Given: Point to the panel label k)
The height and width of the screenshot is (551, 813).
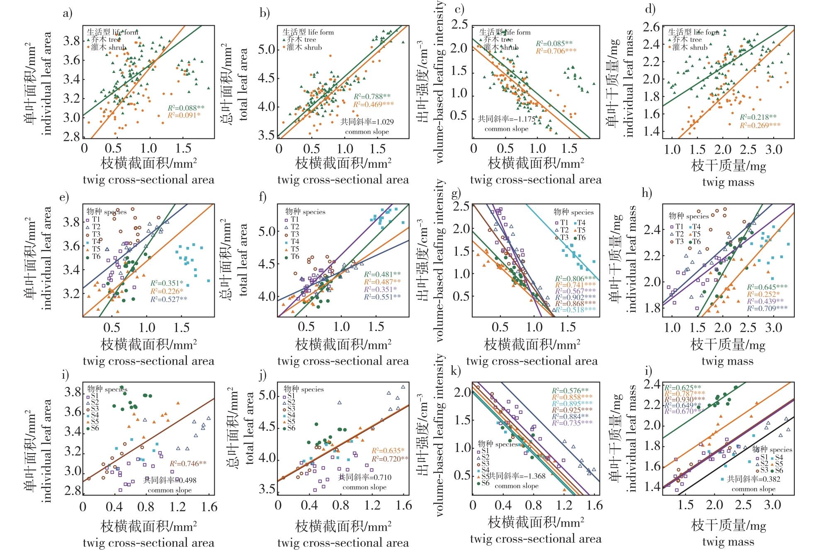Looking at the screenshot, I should (456, 372).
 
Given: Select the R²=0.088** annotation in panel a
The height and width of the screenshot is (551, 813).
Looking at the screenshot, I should (186, 108).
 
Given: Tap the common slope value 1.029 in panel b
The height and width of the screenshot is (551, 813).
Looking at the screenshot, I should (367, 122).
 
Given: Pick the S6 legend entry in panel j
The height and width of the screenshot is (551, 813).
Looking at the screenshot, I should (289, 428).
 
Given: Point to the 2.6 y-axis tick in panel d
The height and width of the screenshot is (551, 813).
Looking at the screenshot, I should (652, 27).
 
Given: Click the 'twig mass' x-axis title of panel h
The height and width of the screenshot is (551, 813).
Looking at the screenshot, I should (727, 361).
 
